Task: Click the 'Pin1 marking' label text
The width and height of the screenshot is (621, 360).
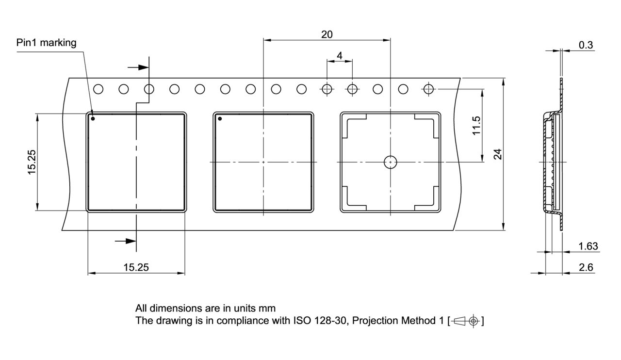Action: coord(46,43)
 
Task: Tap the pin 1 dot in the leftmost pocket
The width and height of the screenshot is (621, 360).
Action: coord(93,118)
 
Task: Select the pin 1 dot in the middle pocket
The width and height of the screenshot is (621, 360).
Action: coord(220,118)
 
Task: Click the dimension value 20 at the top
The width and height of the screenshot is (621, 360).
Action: coord(327,34)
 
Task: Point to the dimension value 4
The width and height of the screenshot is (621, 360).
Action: coord(340,56)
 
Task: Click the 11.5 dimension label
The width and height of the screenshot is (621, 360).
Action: coord(476,126)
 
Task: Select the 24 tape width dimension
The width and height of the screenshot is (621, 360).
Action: coord(498,154)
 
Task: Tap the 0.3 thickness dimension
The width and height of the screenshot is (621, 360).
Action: coord(586,45)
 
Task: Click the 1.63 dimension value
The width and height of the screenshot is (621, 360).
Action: coord(588,246)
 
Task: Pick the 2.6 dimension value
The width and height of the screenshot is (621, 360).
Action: coord(586,267)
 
